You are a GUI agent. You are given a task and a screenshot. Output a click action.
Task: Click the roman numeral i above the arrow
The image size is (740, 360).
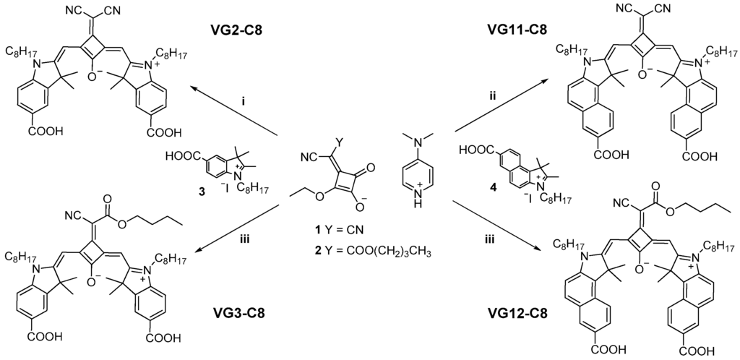tap(244, 102)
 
